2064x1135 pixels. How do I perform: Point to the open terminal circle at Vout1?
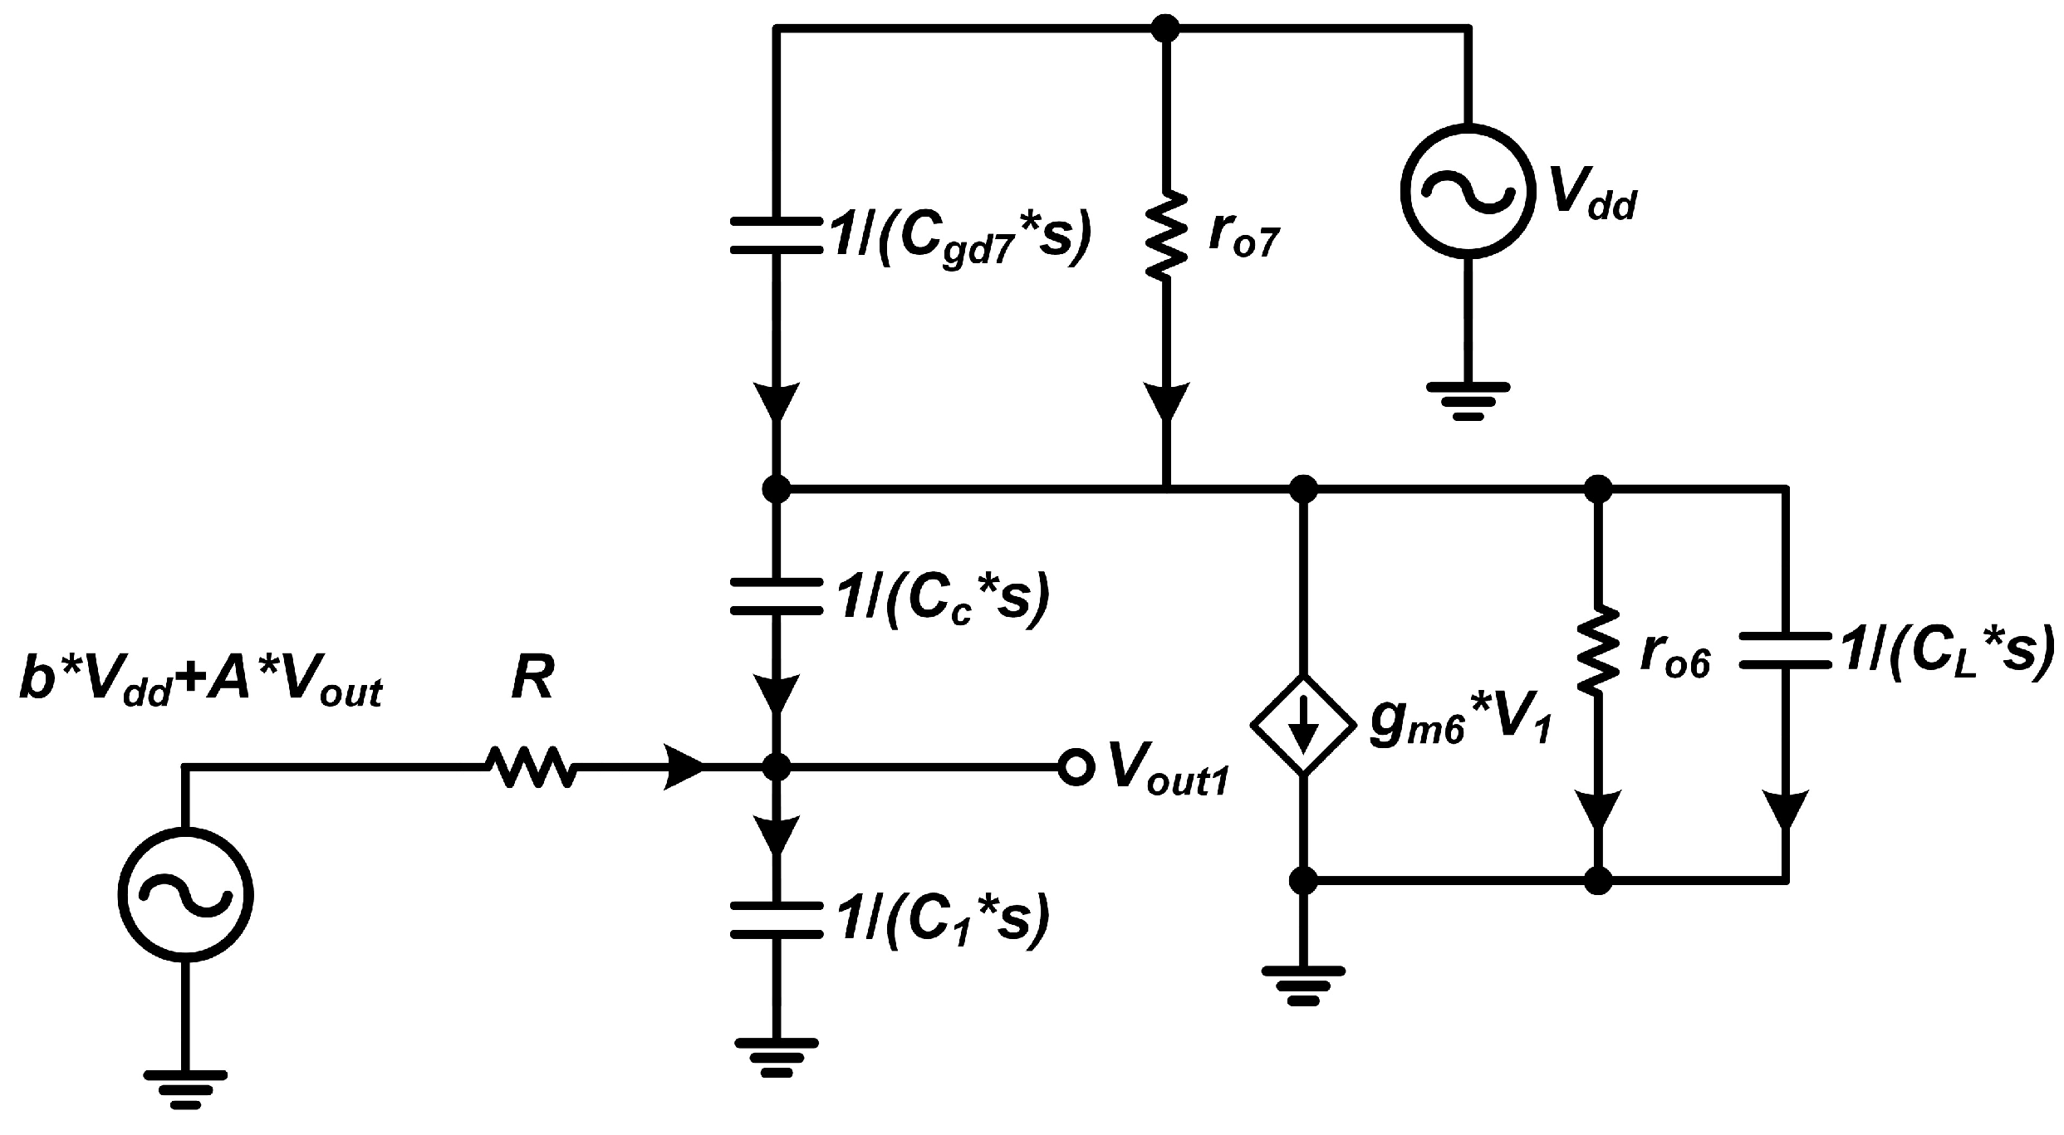pos(1074,768)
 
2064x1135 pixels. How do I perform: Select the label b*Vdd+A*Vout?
pos(199,691)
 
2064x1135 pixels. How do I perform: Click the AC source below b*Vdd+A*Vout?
pos(184,895)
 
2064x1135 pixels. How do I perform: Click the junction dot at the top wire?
pos(1167,29)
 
